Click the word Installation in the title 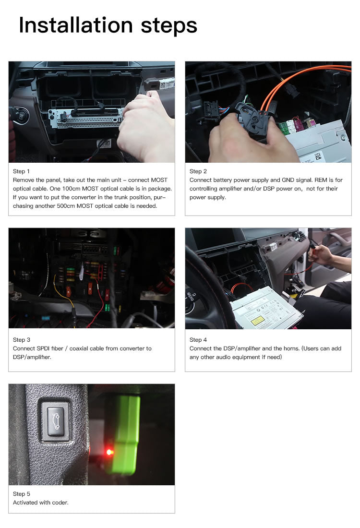(76, 25)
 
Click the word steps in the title (168, 26)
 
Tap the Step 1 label (21, 171)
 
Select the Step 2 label (198, 171)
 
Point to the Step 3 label (22, 340)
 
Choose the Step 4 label (198, 340)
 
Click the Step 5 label (22, 493)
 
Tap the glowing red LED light (109, 452)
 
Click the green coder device (125, 434)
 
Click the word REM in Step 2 (321, 180)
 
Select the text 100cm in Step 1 (71, 189)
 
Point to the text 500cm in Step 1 (66, 206)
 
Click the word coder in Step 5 (60, 503)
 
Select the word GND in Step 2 (288, 180)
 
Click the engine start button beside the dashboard (21, 116)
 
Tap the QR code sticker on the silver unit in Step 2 (318, 156)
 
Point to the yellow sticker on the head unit (257, 321)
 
